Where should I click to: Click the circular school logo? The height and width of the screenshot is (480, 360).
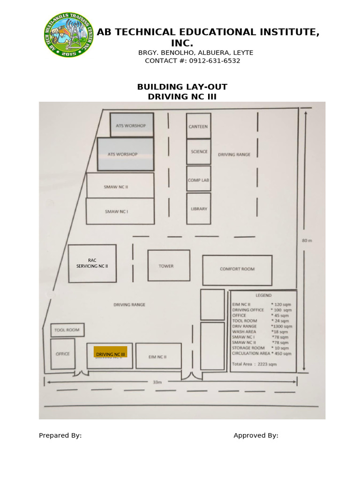68,35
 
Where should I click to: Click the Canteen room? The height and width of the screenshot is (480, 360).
198,126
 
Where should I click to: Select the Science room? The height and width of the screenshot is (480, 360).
199,152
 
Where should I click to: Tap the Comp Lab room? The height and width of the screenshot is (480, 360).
198,179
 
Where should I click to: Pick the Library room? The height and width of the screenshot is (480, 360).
199,208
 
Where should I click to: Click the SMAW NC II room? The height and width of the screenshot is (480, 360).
120,186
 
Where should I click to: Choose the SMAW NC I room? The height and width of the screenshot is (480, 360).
120,211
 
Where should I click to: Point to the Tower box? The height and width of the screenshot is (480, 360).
169,266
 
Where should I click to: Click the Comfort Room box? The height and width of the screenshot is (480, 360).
237,269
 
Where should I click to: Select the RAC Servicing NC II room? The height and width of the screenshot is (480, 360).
92,263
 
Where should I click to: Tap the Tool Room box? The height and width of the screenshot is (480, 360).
67,330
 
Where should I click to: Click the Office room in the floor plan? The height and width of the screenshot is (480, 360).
63,353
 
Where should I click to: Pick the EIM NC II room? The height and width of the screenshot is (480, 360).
158,356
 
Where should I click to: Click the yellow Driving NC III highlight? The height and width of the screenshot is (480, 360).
111,352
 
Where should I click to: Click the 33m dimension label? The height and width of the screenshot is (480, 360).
157,382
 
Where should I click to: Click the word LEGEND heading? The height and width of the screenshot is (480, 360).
263,296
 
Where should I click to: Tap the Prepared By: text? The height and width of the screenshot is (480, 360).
60,435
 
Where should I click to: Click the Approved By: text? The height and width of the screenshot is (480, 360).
256,435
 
